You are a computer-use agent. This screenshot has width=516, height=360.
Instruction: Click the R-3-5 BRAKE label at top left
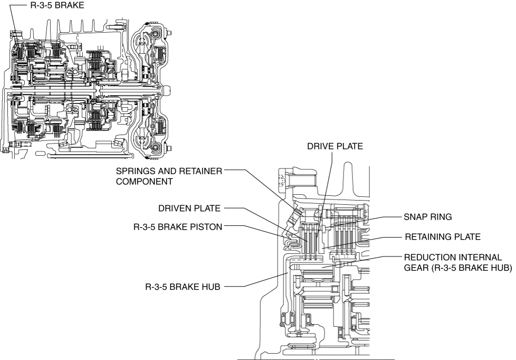coord(58,5)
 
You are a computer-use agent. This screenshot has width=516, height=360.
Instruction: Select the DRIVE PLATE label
coord(335,146)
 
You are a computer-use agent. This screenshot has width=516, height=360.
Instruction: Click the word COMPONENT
coord(144,182)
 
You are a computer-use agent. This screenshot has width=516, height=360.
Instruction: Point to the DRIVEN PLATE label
coord(189,208)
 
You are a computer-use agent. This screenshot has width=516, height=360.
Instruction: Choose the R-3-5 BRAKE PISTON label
coord(178,227)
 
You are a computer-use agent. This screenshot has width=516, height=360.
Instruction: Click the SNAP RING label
coord(428,217)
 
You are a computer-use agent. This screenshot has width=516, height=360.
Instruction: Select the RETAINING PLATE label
coord(443,237)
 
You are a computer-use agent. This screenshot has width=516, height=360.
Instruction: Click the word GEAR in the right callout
coord(416,268)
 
